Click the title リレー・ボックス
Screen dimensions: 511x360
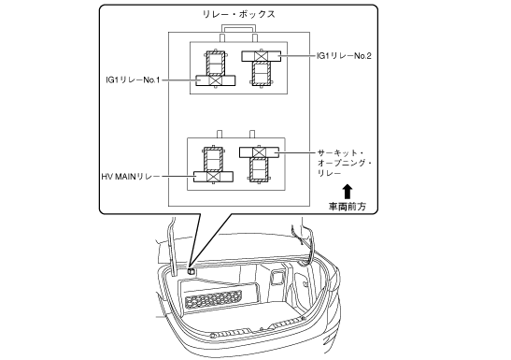(239, 14)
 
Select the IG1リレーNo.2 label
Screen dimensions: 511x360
(344, 56)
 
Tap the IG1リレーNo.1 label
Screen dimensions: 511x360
(133, 79)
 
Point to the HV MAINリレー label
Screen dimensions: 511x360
(131, 177)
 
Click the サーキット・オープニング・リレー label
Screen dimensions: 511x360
(345, 163)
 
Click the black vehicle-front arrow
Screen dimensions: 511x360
(348, 192)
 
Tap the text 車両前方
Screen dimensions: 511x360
(348, 207)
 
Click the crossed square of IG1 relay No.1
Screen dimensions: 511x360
(215, 80)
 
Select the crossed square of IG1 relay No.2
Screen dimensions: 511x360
(261, 56)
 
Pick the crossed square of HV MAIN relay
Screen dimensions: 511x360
(213, 177)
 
